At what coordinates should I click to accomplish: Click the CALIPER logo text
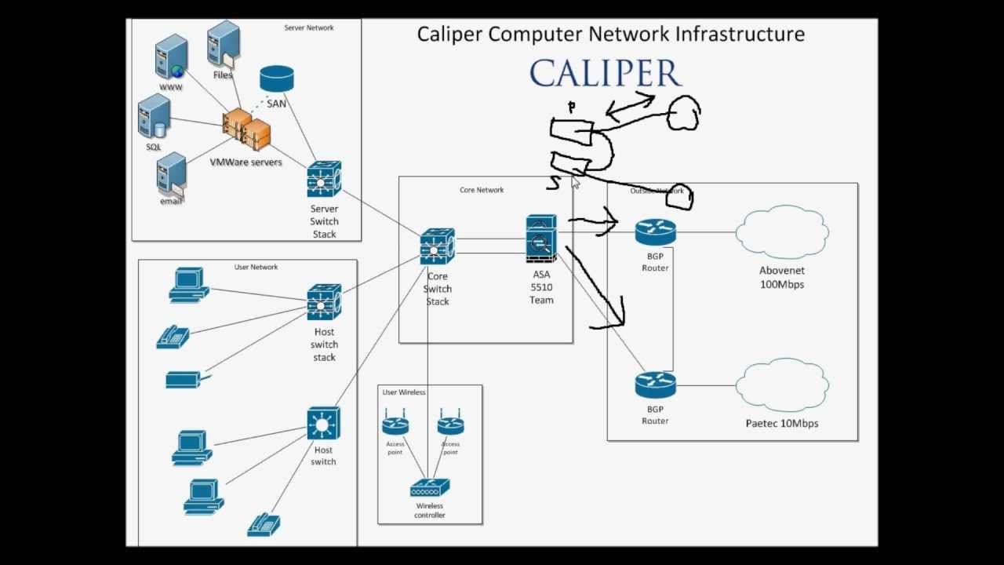coord(606,74)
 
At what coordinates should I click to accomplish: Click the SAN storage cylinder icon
coord(276,79)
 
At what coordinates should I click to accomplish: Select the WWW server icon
coord(171,57)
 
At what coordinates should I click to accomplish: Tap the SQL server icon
coord(154,117)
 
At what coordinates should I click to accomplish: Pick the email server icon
coord(171,174)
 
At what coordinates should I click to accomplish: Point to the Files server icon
coord(224,45)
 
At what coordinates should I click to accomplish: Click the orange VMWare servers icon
coord(246,130)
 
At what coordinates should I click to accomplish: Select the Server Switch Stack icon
coord(324,180)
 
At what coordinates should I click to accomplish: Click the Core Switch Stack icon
coord(437,247)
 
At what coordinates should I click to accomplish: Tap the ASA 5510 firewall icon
coord(541,239)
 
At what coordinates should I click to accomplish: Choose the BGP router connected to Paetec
coord(655,385)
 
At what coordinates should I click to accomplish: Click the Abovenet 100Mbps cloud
coord(782,231)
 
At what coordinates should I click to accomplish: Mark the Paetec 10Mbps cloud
coord(782,384)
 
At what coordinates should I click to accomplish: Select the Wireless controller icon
coord(429,489)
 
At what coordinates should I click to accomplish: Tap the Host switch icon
coord(323,424)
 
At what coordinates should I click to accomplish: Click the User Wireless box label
coord(404,392)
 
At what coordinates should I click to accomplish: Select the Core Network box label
coord(482,190)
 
